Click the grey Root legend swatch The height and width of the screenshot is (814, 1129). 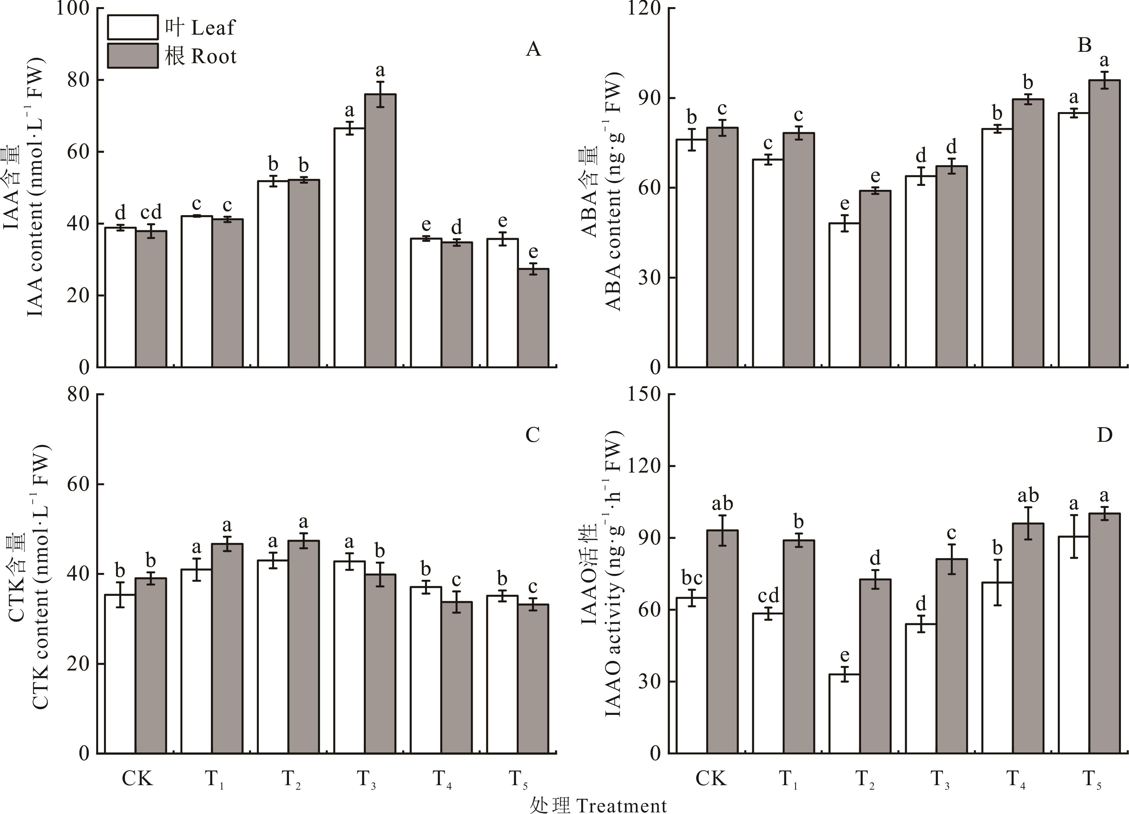click(x=133, y=56)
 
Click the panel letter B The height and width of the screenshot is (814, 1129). click(x=1084, y=46)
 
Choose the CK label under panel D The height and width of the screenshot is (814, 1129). click(x=710, y=778)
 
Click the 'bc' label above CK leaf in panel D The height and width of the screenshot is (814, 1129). click(x=691, y=579)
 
